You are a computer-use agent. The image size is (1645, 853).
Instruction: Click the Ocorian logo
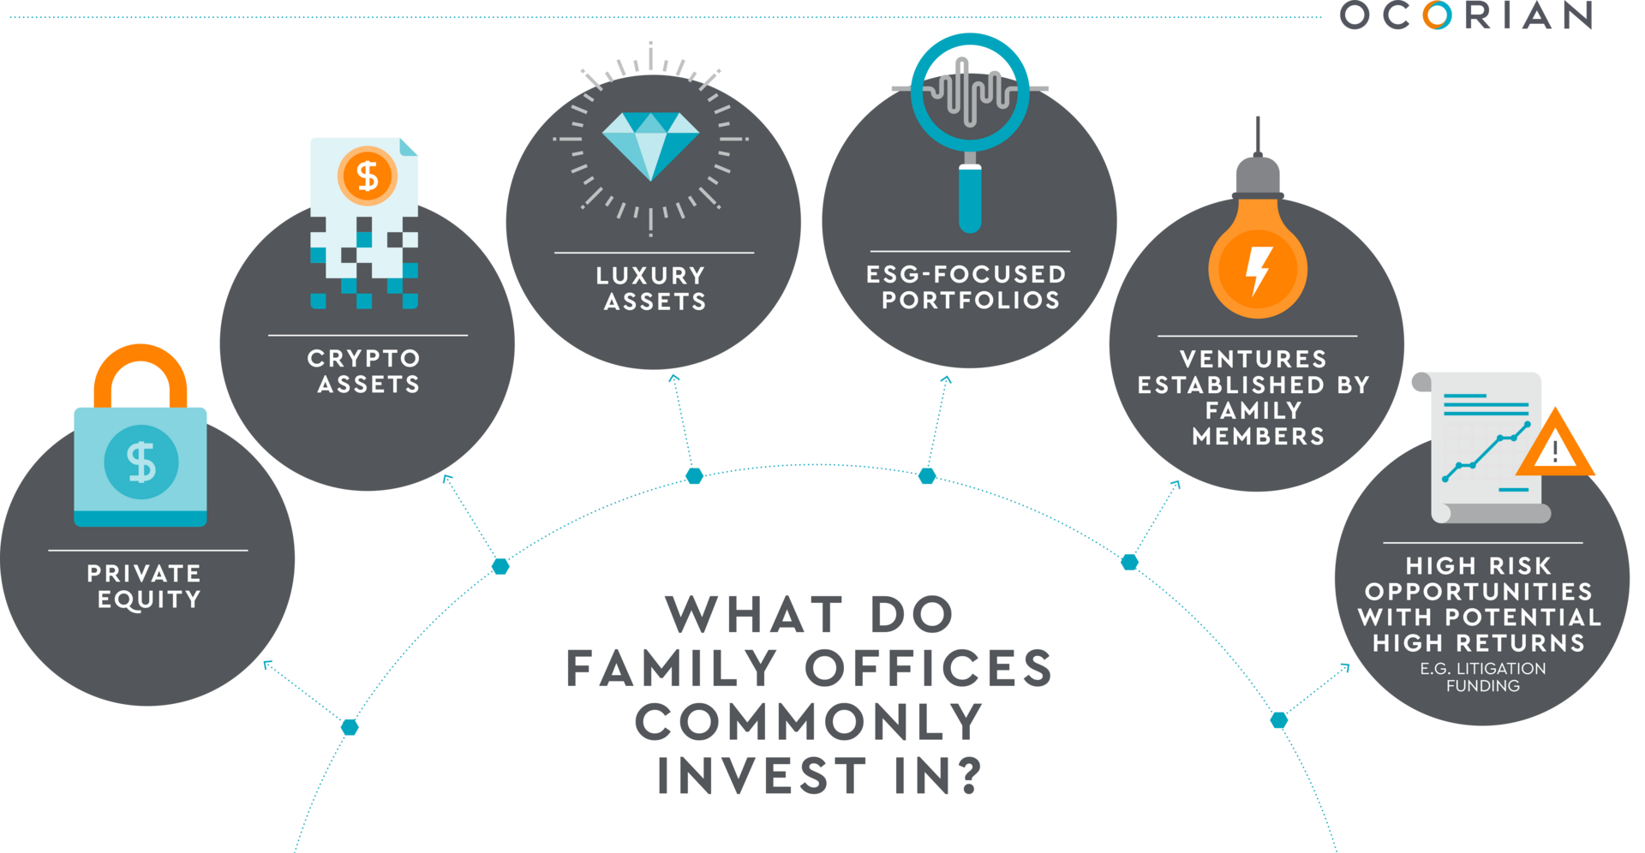point(1465,15)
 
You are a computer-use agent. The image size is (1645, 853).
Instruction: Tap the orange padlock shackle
point(141,364)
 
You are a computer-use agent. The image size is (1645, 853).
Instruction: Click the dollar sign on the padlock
point(141,462)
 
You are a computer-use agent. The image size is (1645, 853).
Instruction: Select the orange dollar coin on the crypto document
point(368,176)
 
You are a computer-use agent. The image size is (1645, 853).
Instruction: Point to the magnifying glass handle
point(969,196)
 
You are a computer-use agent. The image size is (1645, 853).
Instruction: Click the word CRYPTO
point(364,358)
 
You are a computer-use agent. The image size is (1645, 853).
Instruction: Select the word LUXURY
point(651,276)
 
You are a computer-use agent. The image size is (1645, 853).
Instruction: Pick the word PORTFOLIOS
point(971,301)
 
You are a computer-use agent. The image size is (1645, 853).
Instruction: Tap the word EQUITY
point(149,599)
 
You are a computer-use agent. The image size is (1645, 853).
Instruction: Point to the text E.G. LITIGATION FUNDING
point(1483,677)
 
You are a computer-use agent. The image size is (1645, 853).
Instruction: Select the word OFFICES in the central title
point(930,668)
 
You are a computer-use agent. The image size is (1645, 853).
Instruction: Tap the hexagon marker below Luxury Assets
point(694,475)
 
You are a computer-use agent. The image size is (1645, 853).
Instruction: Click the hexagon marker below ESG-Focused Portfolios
point(927,475)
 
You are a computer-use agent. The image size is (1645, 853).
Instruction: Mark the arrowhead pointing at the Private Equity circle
point(268,665)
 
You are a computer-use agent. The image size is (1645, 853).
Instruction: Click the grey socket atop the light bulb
point(1258,176)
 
